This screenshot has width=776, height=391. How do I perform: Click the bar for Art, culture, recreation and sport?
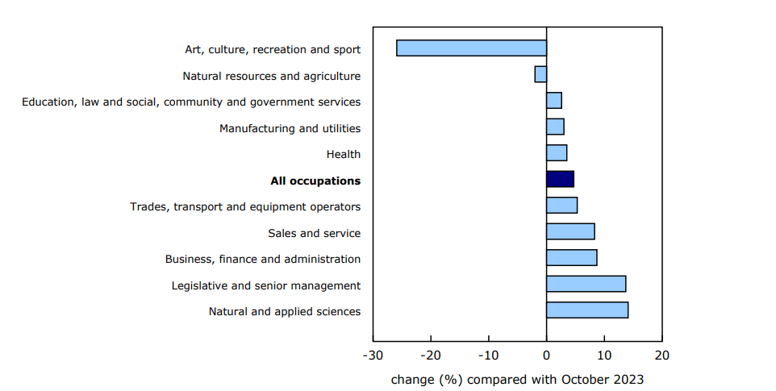(471, 48)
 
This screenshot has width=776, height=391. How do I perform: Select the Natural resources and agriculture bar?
(540, 74)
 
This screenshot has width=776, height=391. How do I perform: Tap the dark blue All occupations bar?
(560, 179)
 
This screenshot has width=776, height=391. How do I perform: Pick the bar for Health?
(557, 153)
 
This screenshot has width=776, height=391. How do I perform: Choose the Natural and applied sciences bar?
(586, 310)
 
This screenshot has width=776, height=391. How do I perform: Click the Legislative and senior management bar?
(586, 284)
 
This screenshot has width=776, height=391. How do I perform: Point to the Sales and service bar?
(570, 231)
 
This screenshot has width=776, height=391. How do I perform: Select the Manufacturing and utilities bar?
(555, 127)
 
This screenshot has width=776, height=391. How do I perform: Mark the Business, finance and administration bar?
(571, 258)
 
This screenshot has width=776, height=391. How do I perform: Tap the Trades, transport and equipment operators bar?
(561, 206)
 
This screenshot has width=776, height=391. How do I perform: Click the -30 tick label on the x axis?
(373, 356)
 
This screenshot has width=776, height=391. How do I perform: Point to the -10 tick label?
(488, 356)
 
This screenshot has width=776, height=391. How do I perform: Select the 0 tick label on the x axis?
(546, 356)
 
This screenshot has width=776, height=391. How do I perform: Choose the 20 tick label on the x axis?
(661, 356)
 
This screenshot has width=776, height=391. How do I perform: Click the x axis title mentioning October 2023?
(517, 379)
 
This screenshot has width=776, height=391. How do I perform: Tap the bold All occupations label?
(315, 181)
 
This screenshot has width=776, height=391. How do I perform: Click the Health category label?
(344, 155)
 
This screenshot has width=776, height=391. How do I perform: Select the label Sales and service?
(314, 234)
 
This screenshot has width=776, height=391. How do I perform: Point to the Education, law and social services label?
(191, 102)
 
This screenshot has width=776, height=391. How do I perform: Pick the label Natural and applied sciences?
(284, 312)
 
